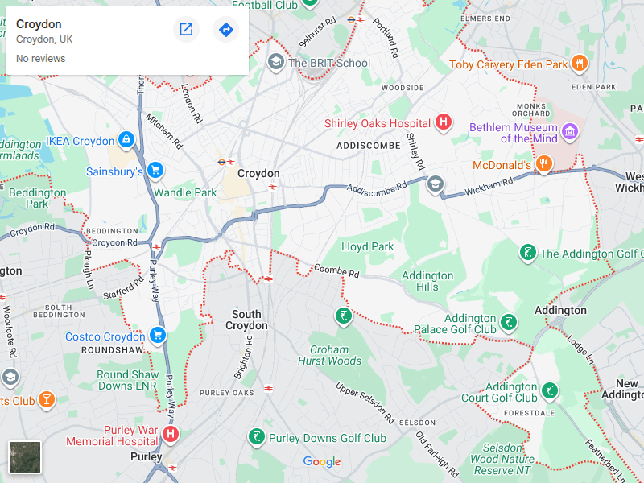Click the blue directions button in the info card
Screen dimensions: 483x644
pos(225,30)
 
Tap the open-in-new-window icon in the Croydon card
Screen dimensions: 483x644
pos(186,30)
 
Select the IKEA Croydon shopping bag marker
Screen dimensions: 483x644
pos(126,141)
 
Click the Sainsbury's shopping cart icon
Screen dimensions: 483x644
pos(155,171)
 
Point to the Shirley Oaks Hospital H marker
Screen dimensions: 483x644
pos(443,123)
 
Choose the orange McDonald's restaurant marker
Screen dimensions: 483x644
pos(544,165)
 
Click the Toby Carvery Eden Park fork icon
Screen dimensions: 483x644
pos(578,64)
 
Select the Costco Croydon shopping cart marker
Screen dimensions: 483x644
pos(157,336)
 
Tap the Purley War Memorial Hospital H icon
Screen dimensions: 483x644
pos(170,435)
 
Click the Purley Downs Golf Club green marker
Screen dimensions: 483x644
pos(257,438)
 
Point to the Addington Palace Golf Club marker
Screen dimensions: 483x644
pos(508,324)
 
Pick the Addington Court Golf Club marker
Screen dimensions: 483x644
pos(549,392)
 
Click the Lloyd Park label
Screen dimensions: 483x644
pos(367,246)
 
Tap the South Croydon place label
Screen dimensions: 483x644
pos(246,320)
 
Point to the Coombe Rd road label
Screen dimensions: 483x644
pos(336,271)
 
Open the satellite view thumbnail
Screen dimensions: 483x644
pos(24,456)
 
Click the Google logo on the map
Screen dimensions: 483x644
pos(322,461)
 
